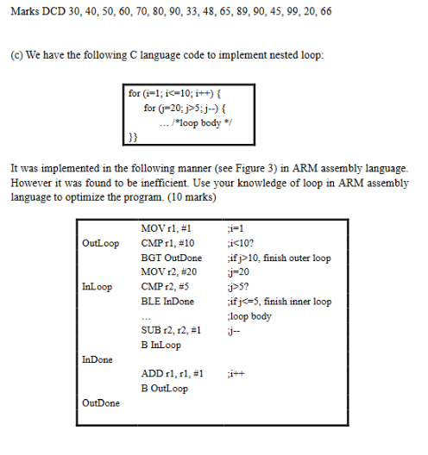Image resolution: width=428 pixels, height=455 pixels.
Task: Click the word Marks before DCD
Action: pos(24,12)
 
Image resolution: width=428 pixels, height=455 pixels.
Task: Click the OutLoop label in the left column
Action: pos(100,244)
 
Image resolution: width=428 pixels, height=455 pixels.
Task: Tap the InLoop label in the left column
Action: pos(97,287)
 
